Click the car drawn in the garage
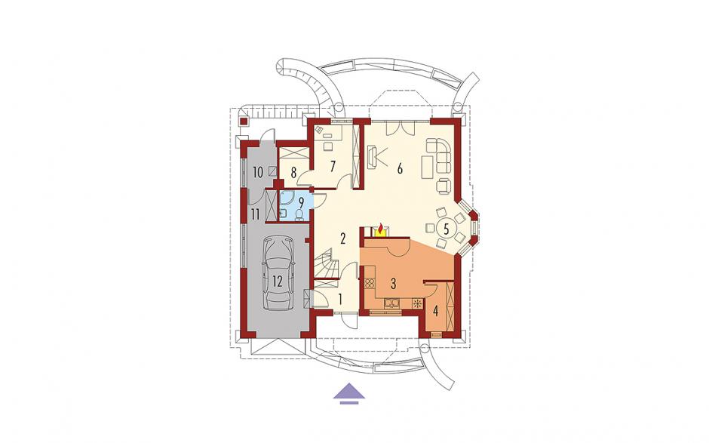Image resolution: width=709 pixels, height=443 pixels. click(278, 274)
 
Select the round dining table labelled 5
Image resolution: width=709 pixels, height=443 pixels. click(447, 229)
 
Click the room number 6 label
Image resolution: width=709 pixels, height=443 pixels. click(400, 168)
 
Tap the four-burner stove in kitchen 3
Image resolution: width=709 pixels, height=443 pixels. click(370, 284)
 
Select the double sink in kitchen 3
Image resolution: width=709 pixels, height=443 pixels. click(391, 303)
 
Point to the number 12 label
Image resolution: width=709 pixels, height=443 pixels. click(277, 281)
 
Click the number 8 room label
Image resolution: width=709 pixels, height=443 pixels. click(293, 172)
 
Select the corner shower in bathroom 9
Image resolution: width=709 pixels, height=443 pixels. click(287, 198)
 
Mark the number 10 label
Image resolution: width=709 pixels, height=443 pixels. click(258, 172)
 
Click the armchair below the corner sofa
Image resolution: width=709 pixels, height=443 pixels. click(444, 186)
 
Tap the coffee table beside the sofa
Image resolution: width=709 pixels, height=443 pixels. click(428, 168)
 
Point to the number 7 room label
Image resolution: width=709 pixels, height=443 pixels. click(333, 167)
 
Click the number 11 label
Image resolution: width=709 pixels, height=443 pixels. click(255, 214)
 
